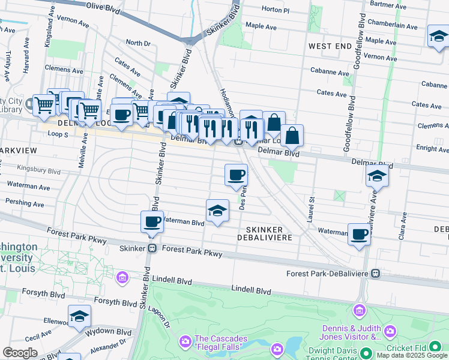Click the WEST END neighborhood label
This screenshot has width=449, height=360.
tap(329, 46)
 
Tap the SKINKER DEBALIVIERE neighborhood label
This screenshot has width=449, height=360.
tap(268, 233)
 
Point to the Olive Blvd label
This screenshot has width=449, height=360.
tap(103, 5)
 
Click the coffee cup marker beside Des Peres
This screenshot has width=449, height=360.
tap(237, 175)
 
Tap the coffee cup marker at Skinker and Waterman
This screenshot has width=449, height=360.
tap(152, 221)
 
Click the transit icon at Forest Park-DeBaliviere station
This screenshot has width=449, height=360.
tap(376, 274)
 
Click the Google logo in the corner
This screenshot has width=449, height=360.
tap(20, 353)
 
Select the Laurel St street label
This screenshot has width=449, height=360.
tap(312, 207)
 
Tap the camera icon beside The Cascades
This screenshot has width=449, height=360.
tap(184, 342)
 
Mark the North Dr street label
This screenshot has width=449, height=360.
tap(138, 43)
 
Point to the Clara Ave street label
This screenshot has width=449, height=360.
tap(402, 229)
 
